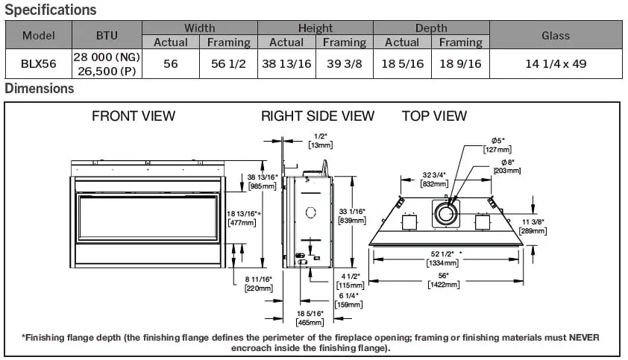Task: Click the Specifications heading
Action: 51,10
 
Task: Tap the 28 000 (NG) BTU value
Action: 106,57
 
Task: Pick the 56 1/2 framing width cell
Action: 229,64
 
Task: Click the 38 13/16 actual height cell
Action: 286,64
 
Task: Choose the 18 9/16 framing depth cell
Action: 461,64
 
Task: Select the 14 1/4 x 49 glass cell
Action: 556,64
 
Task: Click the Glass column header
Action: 556,35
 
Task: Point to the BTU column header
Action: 107,35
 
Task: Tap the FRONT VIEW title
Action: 134,116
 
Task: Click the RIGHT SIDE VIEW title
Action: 318,116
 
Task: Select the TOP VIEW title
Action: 434,116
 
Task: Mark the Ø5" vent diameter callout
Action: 498,141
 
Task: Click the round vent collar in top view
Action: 446,215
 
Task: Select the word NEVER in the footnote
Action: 584,338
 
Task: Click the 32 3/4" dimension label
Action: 434,176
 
